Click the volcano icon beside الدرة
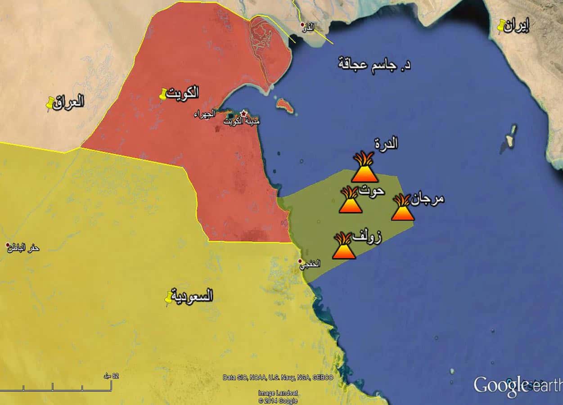coord(364,167)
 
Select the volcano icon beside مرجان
coord(402,208)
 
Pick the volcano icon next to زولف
coord(344,246)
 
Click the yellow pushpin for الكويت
coord(163,94)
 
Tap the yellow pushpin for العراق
coord(50,103)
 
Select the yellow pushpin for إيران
coord(501,26)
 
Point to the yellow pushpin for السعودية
coord(169,297)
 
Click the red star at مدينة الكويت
coord(243,113)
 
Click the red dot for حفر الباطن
coord(8,245)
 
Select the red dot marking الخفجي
coord(301,261)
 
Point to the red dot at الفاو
coord(303,24)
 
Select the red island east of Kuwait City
coord(285,106)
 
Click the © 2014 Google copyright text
coord(278,400)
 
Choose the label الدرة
coord(386,144)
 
